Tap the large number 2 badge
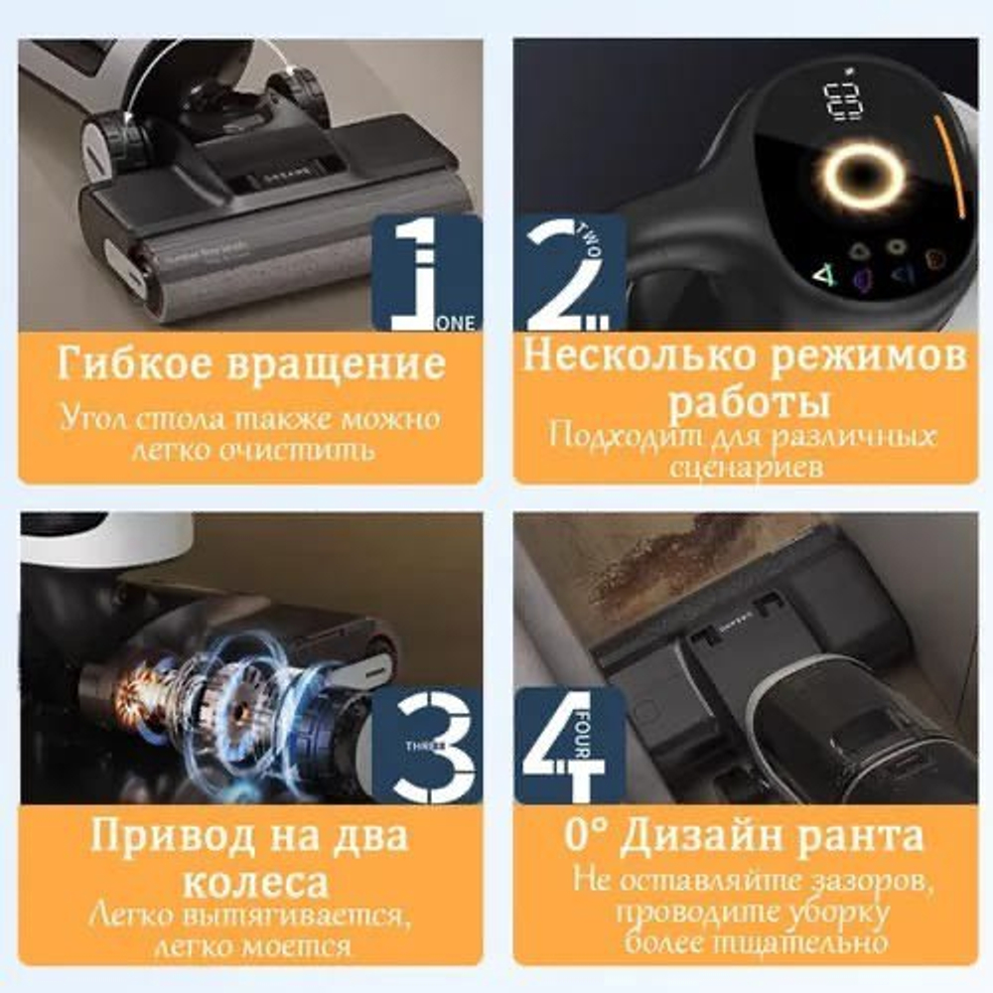coord(566,273)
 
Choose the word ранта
coord(866,836)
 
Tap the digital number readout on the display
coord(842,100)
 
